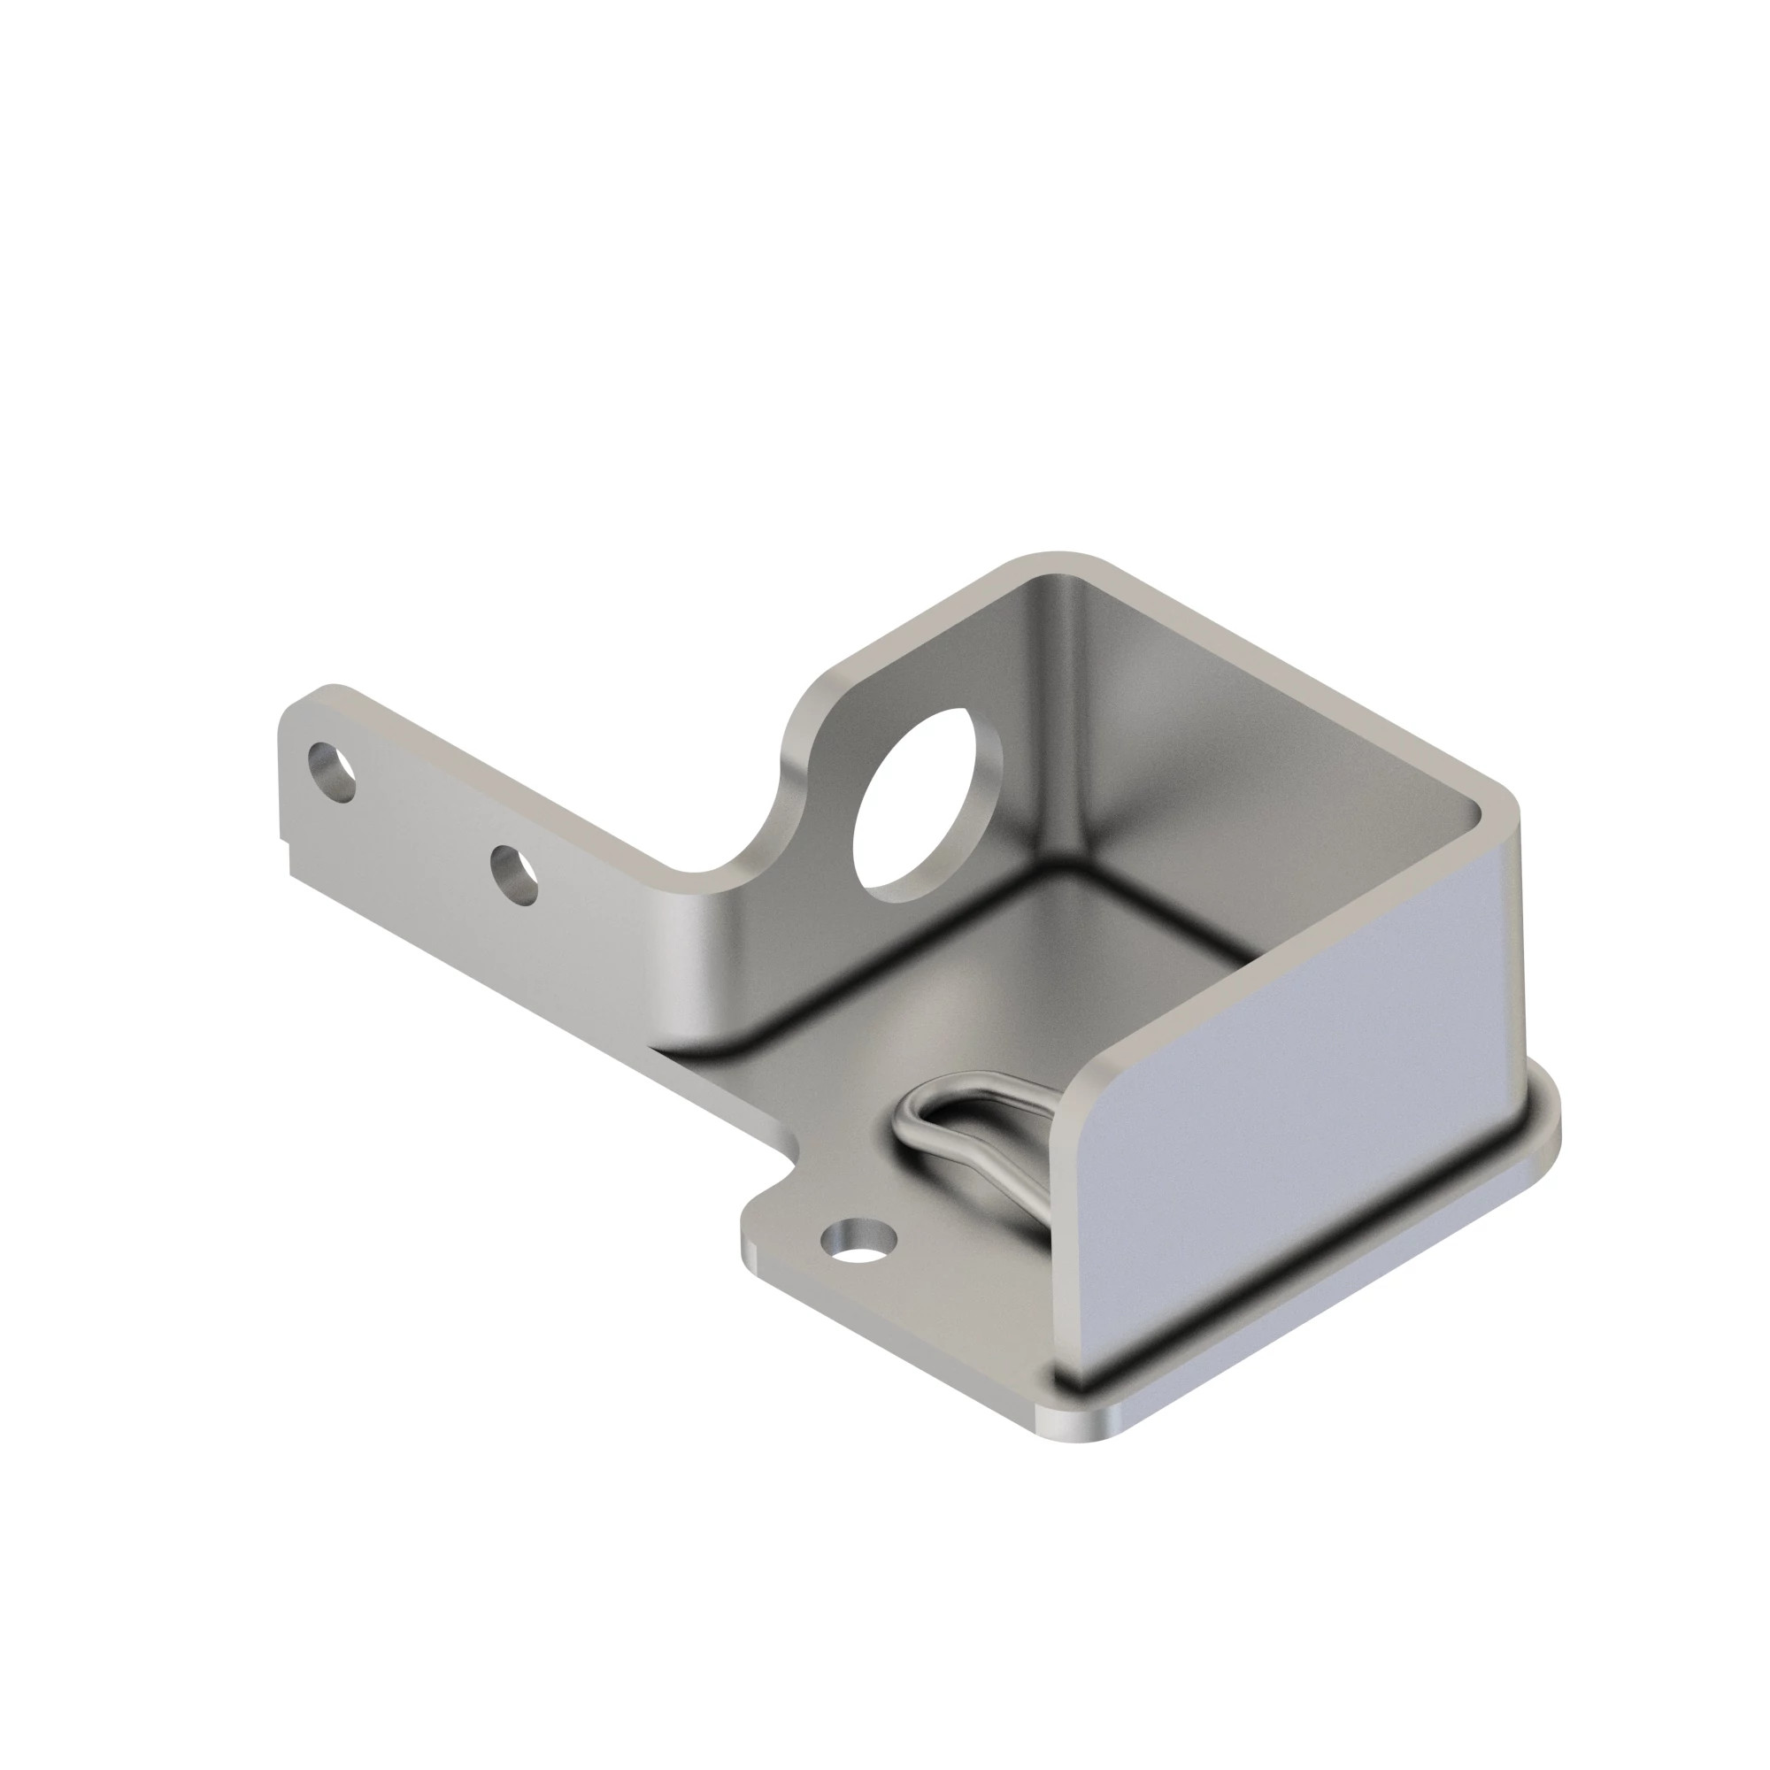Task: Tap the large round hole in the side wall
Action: tap(927, 804)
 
